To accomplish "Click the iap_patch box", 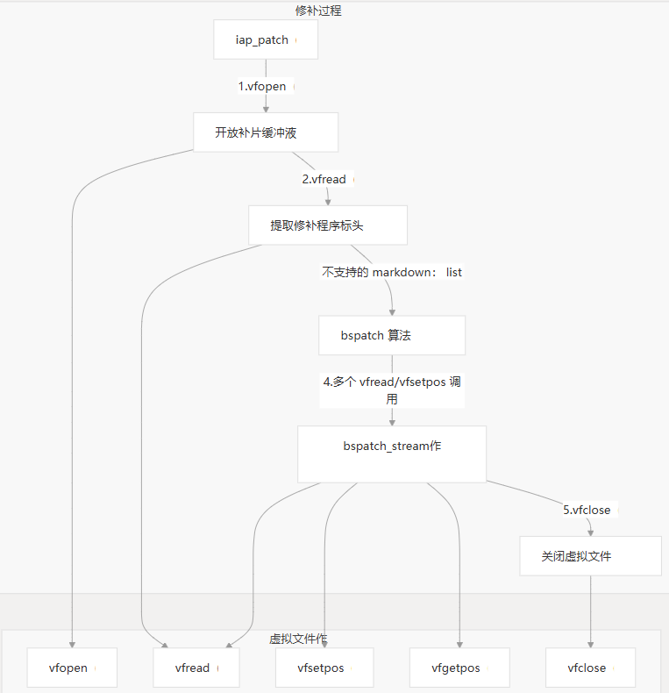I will point(266,40).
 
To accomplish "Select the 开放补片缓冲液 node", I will point(266,132).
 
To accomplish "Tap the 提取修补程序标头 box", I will point(327,225).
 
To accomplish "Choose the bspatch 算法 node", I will point(391,336).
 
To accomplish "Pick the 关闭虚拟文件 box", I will point(589,556).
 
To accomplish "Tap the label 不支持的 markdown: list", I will point(391,272).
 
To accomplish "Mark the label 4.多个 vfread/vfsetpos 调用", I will point(391,390).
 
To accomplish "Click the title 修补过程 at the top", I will point(318,11).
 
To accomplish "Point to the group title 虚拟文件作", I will point(298,639).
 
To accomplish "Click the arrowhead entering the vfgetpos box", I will point(459,645).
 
